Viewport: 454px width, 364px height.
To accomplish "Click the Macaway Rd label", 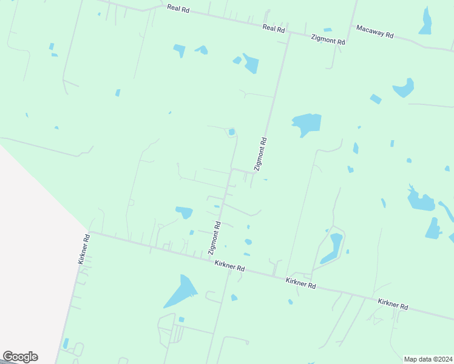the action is [x=374, y=32].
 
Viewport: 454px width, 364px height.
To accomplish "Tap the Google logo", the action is [x=20, y=357].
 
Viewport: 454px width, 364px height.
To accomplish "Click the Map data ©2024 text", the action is [x=428, y=359].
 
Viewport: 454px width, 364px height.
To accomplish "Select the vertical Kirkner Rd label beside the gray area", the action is [x=84, y=249].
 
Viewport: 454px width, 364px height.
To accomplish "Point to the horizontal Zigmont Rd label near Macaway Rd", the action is [x=328, y=39].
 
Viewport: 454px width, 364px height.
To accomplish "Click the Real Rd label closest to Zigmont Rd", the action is [x=274, y=28].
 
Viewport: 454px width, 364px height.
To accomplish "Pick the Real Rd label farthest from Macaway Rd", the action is [x=178, y=8].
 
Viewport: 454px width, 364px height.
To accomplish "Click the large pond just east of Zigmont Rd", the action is [x=307, y=124].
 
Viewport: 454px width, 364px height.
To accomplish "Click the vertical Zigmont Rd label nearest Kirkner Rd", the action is [x=214, y=238].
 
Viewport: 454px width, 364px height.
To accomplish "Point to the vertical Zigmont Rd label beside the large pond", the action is [x=260, y=153].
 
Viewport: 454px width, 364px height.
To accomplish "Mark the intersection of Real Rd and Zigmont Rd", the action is [x=290, y=33].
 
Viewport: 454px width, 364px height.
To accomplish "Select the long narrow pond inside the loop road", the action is [x=332, y=248].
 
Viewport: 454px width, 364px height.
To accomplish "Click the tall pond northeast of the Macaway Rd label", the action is [x=425, y=22].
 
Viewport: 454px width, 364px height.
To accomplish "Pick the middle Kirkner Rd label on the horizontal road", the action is [x=301, y=283].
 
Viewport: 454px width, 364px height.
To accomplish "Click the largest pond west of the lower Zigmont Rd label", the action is [x=184, y=212].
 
